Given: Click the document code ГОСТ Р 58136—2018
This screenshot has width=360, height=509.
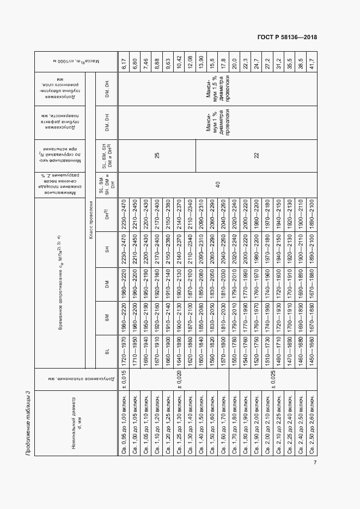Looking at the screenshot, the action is pos(287,37).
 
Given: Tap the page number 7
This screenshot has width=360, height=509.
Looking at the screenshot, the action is pos(315,463).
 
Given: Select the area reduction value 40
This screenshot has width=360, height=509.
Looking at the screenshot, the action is pos(218,185).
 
